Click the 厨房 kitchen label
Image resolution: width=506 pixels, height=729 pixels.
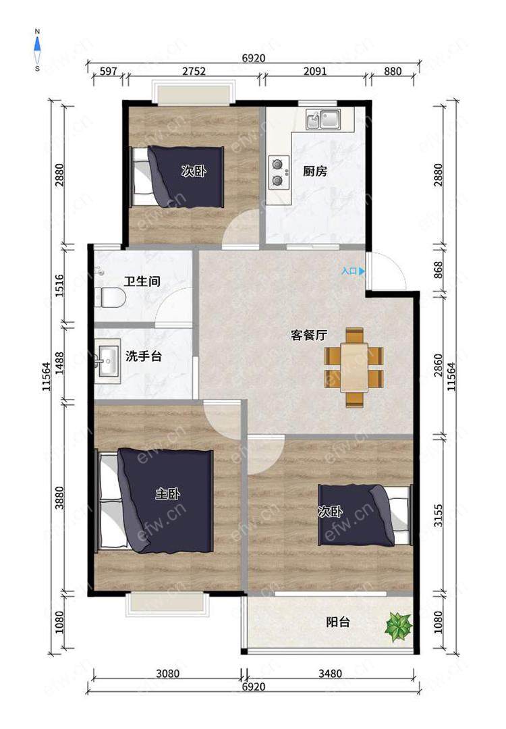(x=314, y=171)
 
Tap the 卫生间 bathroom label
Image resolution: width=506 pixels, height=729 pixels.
(x=142, y=281)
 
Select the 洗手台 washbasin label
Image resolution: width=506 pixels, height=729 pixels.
(x=144, y=356)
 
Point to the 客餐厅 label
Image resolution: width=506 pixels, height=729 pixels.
(x=309, y=335)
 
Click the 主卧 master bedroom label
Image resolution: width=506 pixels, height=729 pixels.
(x=168, y=493)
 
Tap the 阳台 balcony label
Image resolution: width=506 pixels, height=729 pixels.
(x=338, y=622)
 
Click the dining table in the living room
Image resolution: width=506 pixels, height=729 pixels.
(x=354, y=367)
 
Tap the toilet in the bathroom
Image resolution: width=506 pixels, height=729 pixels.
(x=110, y=298)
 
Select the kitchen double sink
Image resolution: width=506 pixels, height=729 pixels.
(x=323, y=119)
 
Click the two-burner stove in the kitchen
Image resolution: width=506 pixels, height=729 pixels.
(x=278, y=172)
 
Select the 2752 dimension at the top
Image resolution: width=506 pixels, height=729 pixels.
(x=194, y=71)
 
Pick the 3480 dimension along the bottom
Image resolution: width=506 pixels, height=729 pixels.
(x=330, y=673)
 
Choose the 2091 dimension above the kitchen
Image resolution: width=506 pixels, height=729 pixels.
(x=315, y=71)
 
